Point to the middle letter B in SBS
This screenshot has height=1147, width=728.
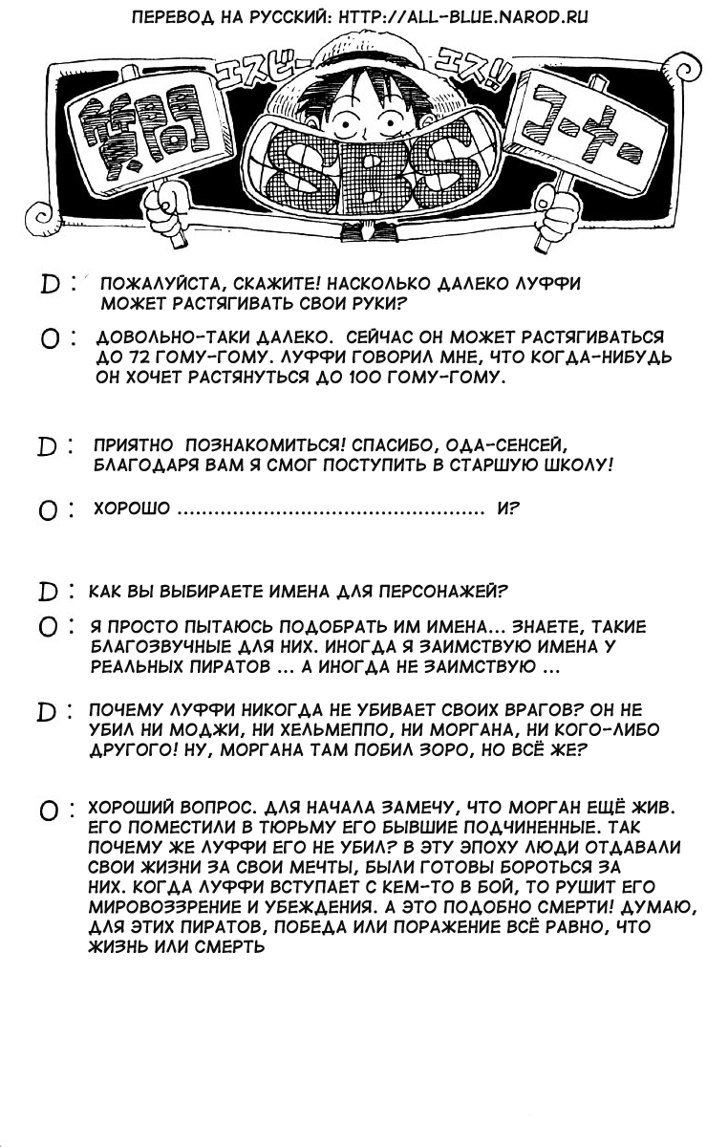coord(369,172)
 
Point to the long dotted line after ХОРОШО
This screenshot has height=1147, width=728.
coord(331,510)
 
